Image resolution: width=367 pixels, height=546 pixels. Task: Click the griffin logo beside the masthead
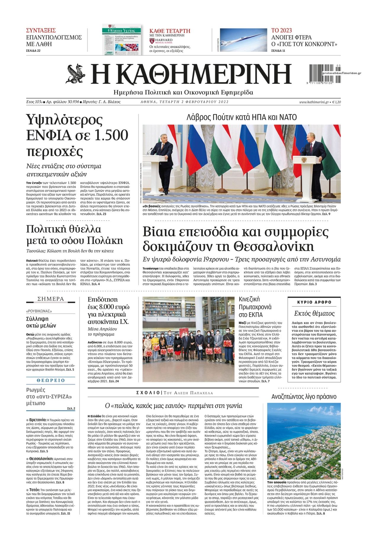(77, 73)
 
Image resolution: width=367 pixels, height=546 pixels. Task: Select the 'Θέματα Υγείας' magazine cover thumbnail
(122, 39)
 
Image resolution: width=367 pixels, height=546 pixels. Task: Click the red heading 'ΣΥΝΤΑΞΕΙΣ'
(41, 31)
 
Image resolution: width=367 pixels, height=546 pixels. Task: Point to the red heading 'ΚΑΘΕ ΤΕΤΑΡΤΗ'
(170, 31)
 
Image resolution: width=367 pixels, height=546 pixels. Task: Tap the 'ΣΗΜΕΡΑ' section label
(51, 299)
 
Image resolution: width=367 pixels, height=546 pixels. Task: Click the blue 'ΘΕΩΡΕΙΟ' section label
(51, 380)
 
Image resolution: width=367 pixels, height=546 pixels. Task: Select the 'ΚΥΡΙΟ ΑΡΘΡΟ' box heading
(314, 302)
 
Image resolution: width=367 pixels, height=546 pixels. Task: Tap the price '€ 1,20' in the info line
(336, 102)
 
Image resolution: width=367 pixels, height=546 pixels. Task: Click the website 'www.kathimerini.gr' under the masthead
(314, 102)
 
